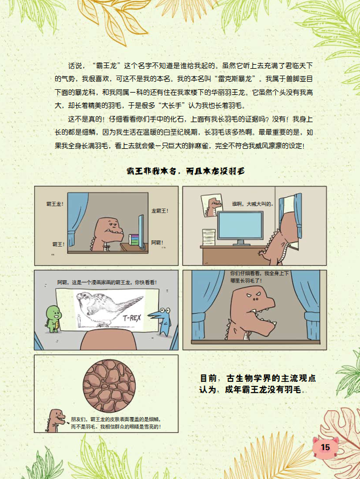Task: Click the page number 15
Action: coord(325,447)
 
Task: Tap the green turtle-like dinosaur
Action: coord(54,319)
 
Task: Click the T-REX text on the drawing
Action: coord(132,318)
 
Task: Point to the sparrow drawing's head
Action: coord(84,297)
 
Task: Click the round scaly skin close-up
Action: coord(109,386)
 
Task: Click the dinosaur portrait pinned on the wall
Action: coord(212,205)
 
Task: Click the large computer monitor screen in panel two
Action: coord(240,226)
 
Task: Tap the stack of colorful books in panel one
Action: coord(134,240)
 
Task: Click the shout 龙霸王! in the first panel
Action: coord(160,211)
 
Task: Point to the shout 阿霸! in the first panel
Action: coord(157,243)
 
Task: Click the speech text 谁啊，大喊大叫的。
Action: coord(253,204)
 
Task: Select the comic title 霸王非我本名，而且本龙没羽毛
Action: coord(185,171)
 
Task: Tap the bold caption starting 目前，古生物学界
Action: coord(258,384)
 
